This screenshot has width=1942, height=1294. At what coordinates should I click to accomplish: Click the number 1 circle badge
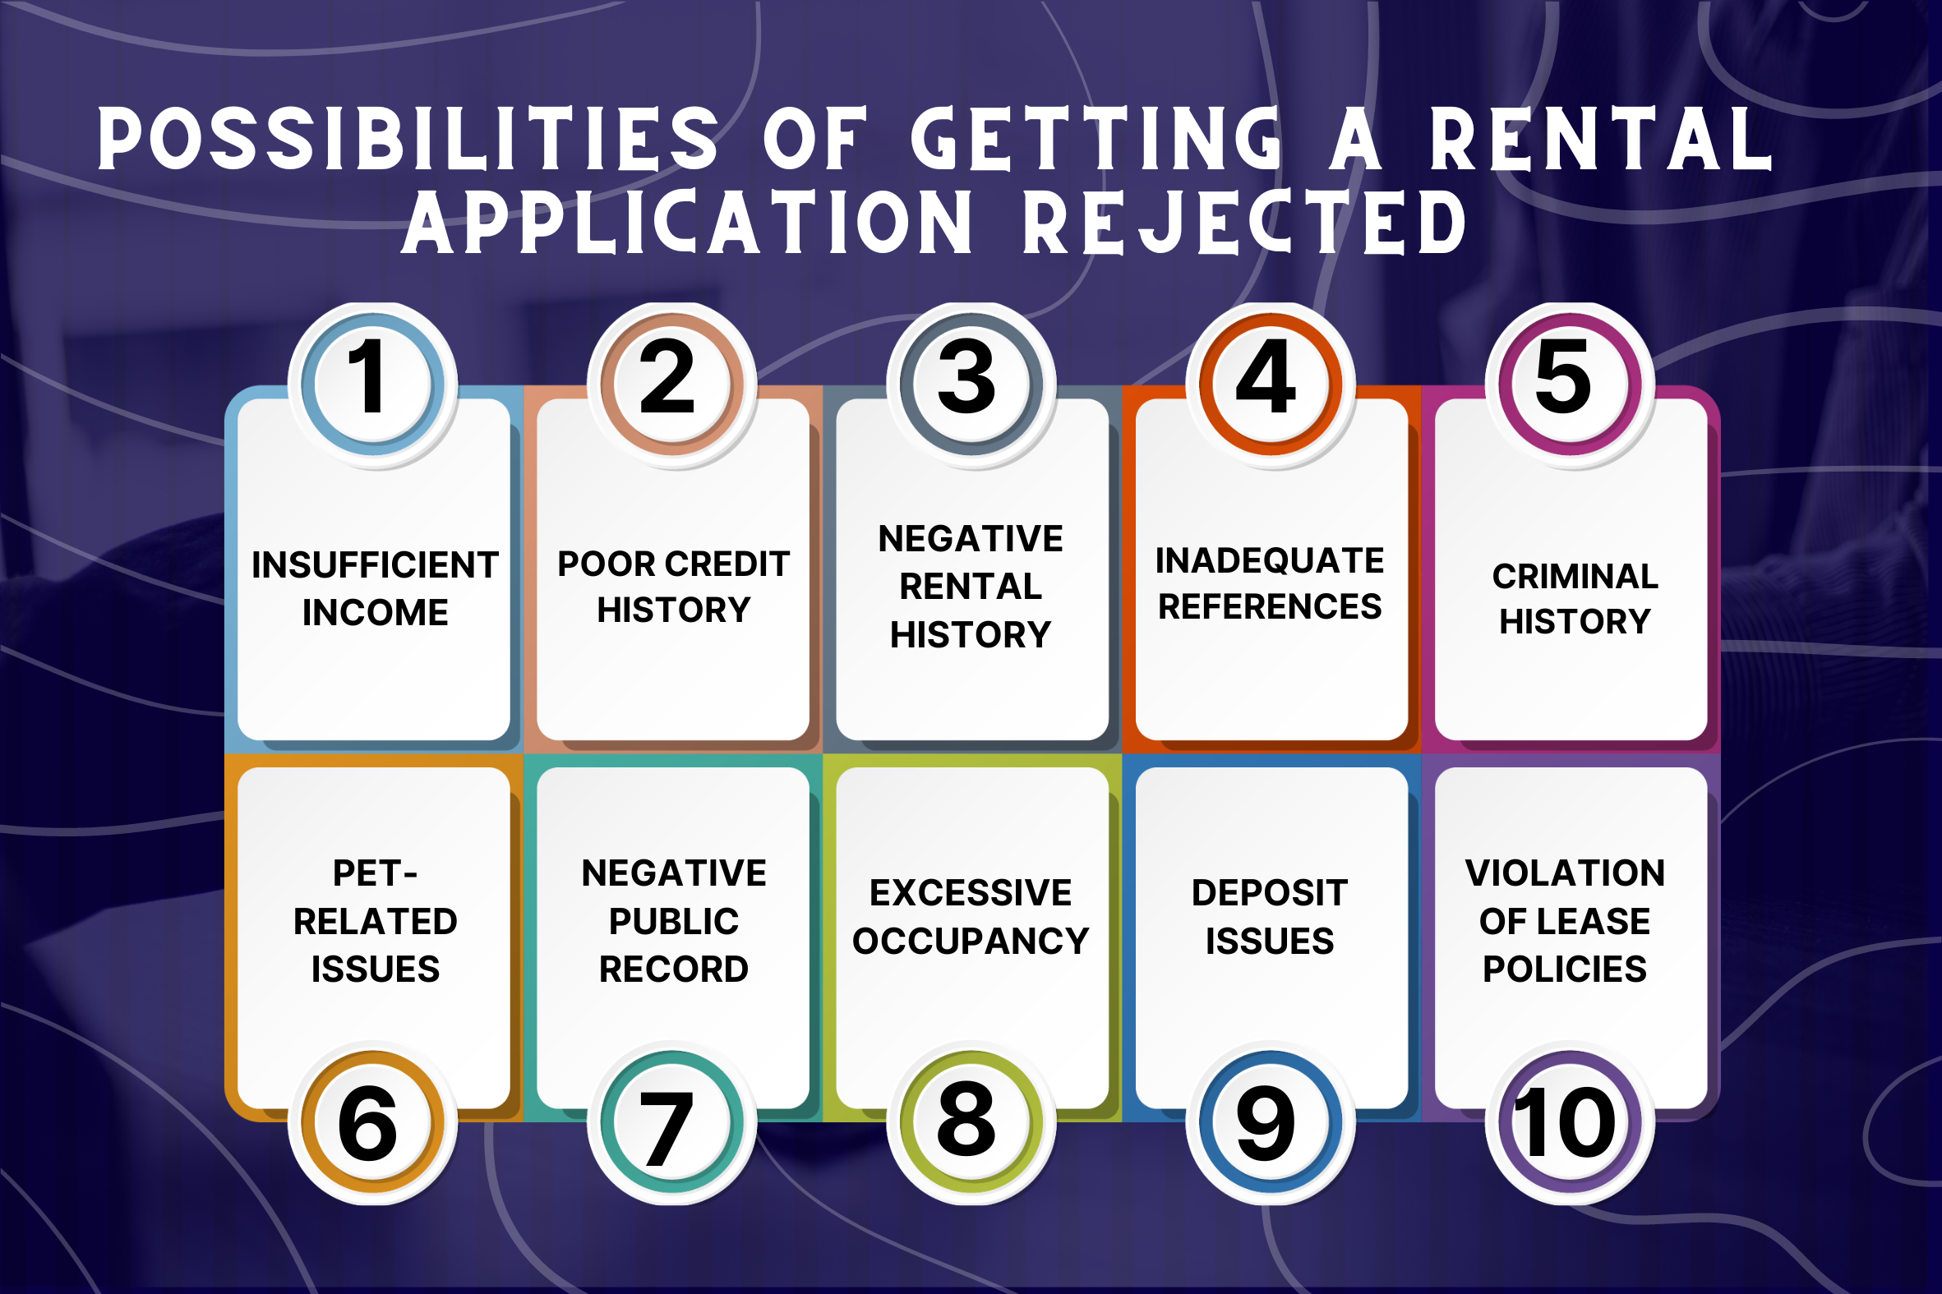pyautogui.click(x=372, y=384)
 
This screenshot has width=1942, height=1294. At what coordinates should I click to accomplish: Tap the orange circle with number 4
pyautogui.click(x=1271, y=384)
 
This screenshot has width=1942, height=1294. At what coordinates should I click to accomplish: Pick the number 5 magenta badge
pyautogui.click(x=1569, y=384)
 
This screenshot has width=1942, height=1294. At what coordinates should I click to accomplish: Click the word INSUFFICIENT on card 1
pyautogui.click(x=375, y=566)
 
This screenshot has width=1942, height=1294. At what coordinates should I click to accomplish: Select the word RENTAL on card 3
pyautogui.click(x=971, y=587)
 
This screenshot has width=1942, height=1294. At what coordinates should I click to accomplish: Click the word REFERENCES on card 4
pyautogui.click(x=1270, y=607)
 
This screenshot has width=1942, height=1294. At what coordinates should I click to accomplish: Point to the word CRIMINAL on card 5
pyautogui.click(x=1575, y=577)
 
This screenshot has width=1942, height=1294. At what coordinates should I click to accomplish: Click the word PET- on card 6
pyautogui.click(x=375, y=874)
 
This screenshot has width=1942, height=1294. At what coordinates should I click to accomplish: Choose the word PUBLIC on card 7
pyautogui.click(x=673, y=922)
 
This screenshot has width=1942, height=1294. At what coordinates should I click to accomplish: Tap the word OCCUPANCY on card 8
pyautogui.click(x=971, y=942)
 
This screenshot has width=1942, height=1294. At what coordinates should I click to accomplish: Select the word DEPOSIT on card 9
pyautogui.click(x=1270, y=893)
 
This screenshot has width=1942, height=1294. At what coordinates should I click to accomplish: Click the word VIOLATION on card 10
pyautogui.click(x=1565, y=874)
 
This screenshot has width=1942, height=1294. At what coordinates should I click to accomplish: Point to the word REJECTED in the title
pyautogui.click(x=1244, y=223)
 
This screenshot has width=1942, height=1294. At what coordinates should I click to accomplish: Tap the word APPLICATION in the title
pyautogui.click(x=687, y=223)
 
